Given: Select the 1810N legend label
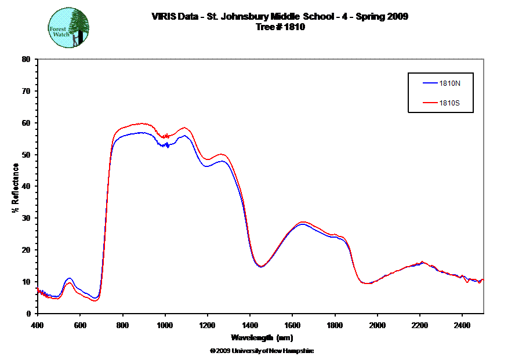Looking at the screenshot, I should (x=449, y=83).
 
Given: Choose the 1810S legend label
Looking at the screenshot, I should (x=449, y=104).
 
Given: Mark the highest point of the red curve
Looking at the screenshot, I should (x=142, y=123).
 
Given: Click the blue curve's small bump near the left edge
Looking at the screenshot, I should (x=69, y=279).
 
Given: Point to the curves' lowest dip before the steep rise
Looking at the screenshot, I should (x=96, y=299).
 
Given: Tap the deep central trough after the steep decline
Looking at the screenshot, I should (x=261, y=266).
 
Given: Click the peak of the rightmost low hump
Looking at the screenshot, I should (x=422, y=262).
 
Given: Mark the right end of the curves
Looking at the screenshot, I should (x=483, y=280).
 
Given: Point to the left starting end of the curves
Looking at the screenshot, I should (x=38, y=288).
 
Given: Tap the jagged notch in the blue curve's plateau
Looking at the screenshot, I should (x=168, y=146).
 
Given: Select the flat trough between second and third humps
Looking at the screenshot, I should (x=366, y=283).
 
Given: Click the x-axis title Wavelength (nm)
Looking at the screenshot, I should (x=261, y=337).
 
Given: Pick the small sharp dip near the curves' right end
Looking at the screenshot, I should (x=467, y=282).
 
